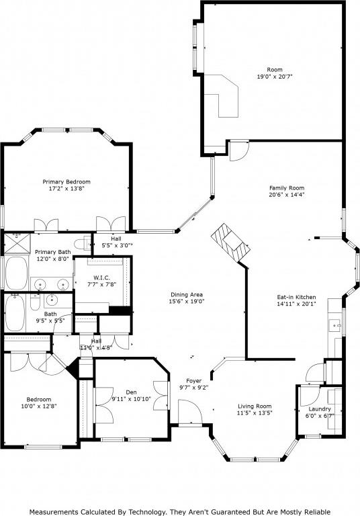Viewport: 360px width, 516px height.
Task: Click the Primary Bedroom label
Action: click(66, 181)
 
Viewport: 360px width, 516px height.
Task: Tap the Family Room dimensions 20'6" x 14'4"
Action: click(287, 196)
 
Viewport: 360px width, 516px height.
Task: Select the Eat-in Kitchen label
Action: click(296, 296)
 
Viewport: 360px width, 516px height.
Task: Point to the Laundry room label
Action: click(320, 408)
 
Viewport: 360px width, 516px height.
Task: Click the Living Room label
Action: click(255, 406)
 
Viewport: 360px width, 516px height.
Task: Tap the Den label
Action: click(131, 392)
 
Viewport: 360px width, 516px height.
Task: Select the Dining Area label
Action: click(187, 295)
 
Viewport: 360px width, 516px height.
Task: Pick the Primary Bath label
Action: click(53, 251)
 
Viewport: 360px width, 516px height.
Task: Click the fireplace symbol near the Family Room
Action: click(230, 243)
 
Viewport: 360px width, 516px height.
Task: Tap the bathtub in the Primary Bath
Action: click(16, 273)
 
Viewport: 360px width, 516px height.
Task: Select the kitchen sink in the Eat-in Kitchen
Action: click(334, 327)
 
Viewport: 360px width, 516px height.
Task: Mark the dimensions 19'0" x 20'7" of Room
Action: click(274, 77)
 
